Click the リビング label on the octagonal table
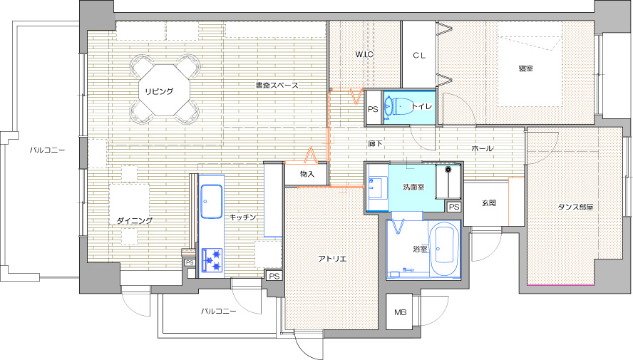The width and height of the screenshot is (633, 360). click(159, 91)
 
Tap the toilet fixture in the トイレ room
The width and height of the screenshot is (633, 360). click(397, 107)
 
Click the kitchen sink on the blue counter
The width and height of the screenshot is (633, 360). click(212, 202)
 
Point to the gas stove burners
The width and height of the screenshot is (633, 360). click(212, 260)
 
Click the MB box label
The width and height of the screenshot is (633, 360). click(400, 312)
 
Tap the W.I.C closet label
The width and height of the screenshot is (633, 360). click(364, 54)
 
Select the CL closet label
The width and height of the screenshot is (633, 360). click(419, 56)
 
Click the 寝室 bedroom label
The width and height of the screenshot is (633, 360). click(525, 68)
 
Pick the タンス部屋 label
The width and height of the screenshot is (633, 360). click(575, 207)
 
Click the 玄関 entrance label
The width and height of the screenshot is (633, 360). click(488, 202)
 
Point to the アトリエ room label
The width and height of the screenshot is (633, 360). click(332, 259)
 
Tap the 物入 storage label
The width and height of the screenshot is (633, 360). click(307, 174)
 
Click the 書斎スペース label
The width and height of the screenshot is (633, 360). click(277, 85)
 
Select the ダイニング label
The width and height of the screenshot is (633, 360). click(135, 220)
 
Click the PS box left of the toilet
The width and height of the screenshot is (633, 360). click(373, 109)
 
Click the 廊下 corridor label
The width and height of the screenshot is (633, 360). click(376, 143)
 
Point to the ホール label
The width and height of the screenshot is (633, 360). click(482, 148)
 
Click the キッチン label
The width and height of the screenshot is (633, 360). click(243, 217)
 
